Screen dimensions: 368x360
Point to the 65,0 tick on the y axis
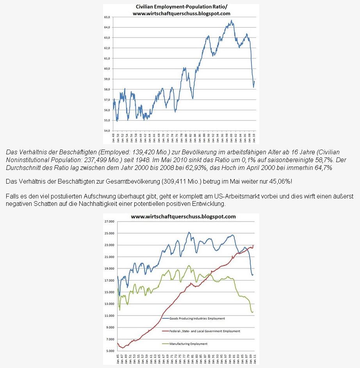pos(107,17)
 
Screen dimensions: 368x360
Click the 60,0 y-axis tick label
pos(107,69)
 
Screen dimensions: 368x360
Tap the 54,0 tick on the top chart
pos(107,131)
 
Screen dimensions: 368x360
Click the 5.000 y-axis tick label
pos(109,351)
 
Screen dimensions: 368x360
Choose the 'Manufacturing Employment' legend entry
pos(188,344)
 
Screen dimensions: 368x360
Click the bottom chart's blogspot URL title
pos(183,216)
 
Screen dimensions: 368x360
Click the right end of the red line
pos(253,245)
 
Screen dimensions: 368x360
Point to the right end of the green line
pos(253,312)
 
